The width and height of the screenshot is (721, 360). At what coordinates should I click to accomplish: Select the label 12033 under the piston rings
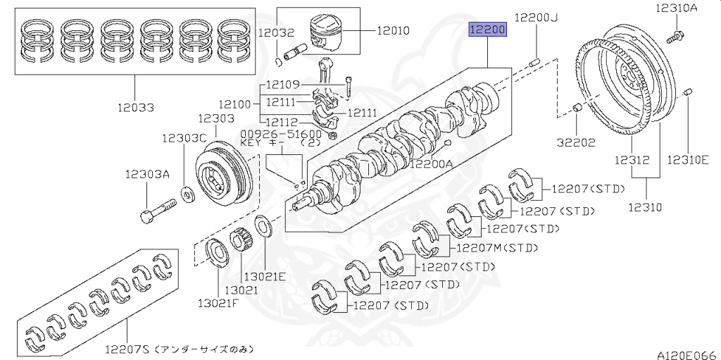(x=137, y=107)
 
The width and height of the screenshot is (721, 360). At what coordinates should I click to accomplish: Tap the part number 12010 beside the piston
(x=393, y=31)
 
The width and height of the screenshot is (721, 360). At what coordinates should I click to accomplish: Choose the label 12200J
(x=536, y=17)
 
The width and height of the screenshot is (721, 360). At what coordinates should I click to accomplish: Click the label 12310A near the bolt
(x=677, y=8)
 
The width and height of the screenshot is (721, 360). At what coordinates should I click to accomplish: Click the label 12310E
(x=688, y=160)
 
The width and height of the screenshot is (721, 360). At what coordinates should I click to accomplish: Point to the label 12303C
(x=184, y=138)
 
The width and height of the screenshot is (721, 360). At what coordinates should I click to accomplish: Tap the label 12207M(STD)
(x=496, y=247)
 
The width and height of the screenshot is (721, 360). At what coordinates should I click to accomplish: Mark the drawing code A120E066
(x=686, y=354)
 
